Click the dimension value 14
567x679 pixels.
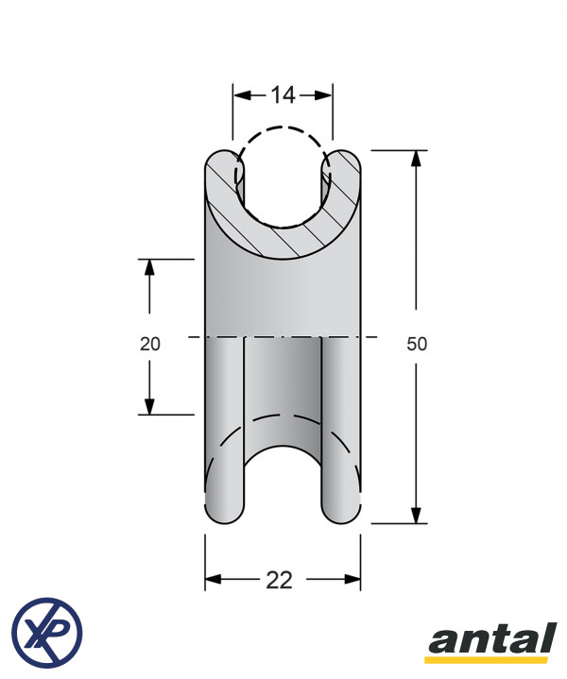tap(283, 94)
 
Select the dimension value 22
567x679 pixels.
tap(279, 580)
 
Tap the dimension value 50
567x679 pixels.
tap(417, 344)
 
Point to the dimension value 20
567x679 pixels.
tap(150, 344)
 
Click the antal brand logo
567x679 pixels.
tap(493, 642)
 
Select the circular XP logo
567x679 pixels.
tap(47, 633)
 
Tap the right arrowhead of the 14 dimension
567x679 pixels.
tap(323, 95)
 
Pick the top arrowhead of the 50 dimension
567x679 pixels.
tap(416, 159)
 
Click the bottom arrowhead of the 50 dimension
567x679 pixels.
tap(416, 515)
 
